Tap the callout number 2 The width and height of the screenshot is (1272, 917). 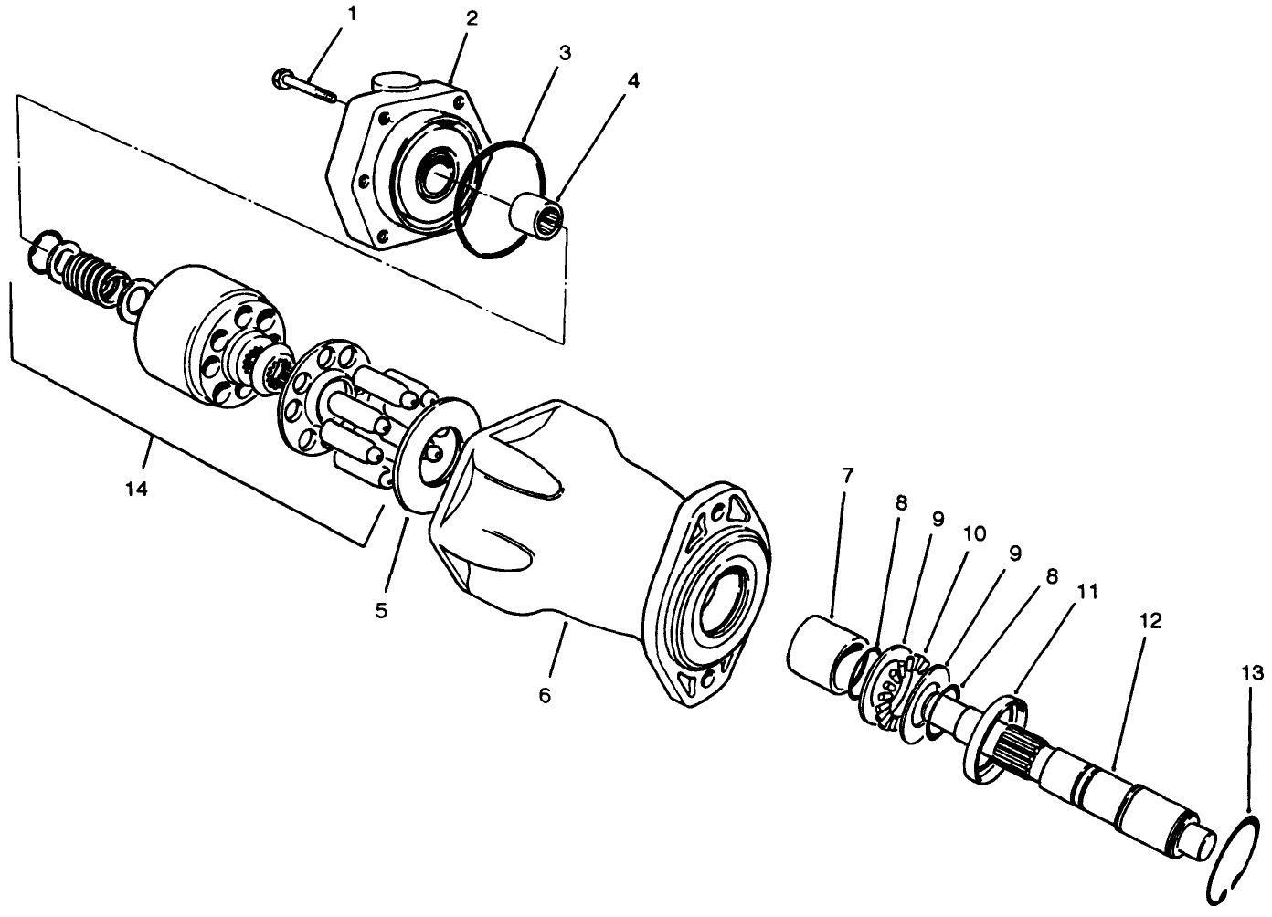click(x=472, y=18)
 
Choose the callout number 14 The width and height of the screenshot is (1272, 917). click(x=136, y=490)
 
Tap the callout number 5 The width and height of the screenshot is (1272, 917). click(x=380, y=608)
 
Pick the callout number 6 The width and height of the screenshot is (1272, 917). click(x=545, y=695)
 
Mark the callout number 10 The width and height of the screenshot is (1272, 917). click(x=974, y=534)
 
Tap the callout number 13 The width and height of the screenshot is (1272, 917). click(x=1252, y=673)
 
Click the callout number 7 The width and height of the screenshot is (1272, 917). click(x=846, y=475)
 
